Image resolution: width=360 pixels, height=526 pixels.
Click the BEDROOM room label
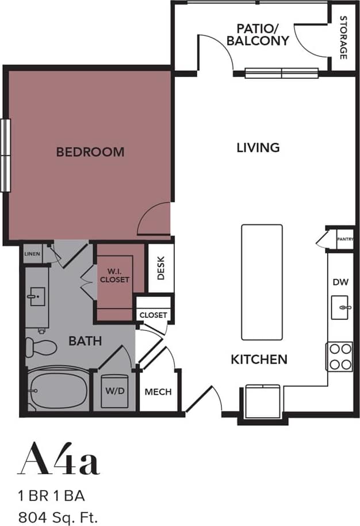[x=90, y=152]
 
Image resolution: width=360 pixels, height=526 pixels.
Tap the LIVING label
[x=258, y=147]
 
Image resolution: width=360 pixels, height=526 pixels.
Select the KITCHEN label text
[x=259, y=360]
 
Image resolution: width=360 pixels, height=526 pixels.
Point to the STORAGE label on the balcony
[x=343, y=38]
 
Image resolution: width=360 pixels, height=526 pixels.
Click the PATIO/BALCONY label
[x=258, y=34]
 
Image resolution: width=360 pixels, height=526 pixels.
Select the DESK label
[x=161, y=268]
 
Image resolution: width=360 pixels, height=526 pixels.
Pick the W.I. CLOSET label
[x=114, y=276]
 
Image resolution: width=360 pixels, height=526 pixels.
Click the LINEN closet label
[x=32, y=253]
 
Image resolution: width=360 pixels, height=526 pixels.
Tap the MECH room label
[x=158, y=392]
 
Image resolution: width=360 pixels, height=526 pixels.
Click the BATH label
[x=85, y=341]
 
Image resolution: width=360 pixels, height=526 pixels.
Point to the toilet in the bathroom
[x=41, y=346]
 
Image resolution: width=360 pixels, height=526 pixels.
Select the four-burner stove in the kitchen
[x=339, y=357]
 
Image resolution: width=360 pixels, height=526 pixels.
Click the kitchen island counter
[x=262, y=282]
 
